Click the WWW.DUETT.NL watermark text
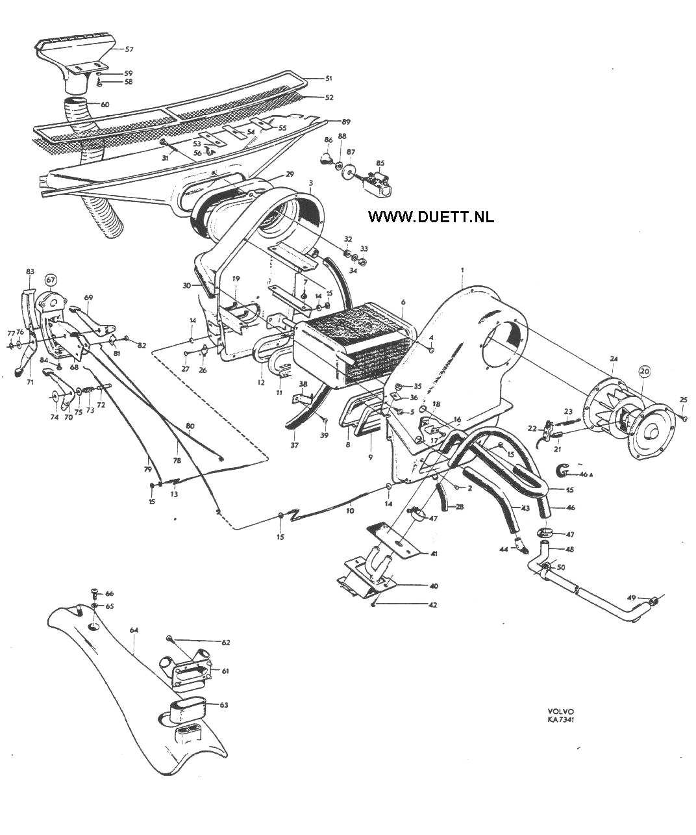pos(430,216)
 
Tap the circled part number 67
pos(51,280)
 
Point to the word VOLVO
pos(560,711)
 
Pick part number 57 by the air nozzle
pos(129,49)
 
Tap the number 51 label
pos(329,79)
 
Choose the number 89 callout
pos(345,122)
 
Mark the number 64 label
pos(134,630)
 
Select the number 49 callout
pos(631,598)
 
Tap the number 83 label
pos(29,271)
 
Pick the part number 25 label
pos(683,399)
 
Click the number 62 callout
pos(225,643)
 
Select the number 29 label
pos(290,174)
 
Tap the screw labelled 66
pos(95,593)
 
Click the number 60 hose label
pos(105,105)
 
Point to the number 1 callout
pos(462,269)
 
